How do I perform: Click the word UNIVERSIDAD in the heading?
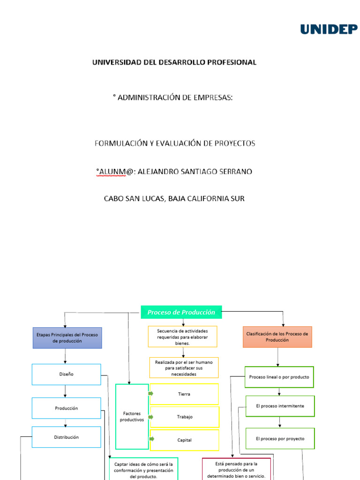(115, 62)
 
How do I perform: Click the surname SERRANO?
(234, 172)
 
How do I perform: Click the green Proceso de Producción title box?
(181, 312)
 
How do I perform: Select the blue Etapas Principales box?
(67, 338)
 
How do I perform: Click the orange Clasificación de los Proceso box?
(277, 337)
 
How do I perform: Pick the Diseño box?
(66, 375)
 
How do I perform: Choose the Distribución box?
(66, 437)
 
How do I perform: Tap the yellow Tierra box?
(184, 394)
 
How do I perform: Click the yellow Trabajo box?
(184, 417)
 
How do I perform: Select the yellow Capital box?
(184, 440)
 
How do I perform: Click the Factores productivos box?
(132, 417)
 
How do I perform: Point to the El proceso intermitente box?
(280, 406)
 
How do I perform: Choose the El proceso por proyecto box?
(280, 439)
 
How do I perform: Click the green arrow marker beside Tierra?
(151, 393)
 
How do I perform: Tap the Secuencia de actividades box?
(182, 337)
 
